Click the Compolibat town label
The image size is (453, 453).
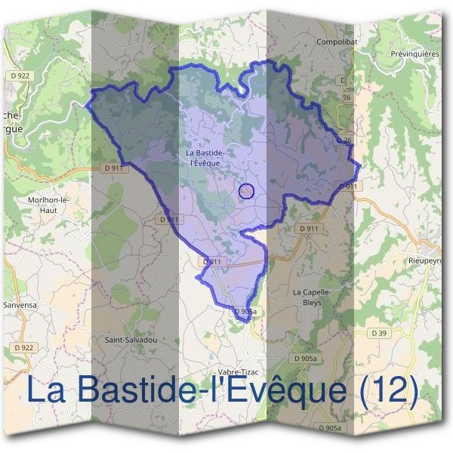[337, 42]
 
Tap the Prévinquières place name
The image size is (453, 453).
[415, 54]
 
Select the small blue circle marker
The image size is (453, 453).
[245, 191]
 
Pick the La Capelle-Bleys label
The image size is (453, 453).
[307, 297]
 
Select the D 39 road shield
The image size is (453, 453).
[379, 333]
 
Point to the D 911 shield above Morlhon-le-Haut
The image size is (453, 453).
[114, 170]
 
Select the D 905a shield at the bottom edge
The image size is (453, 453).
[330, 428]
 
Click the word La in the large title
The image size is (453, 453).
[45, 390]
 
